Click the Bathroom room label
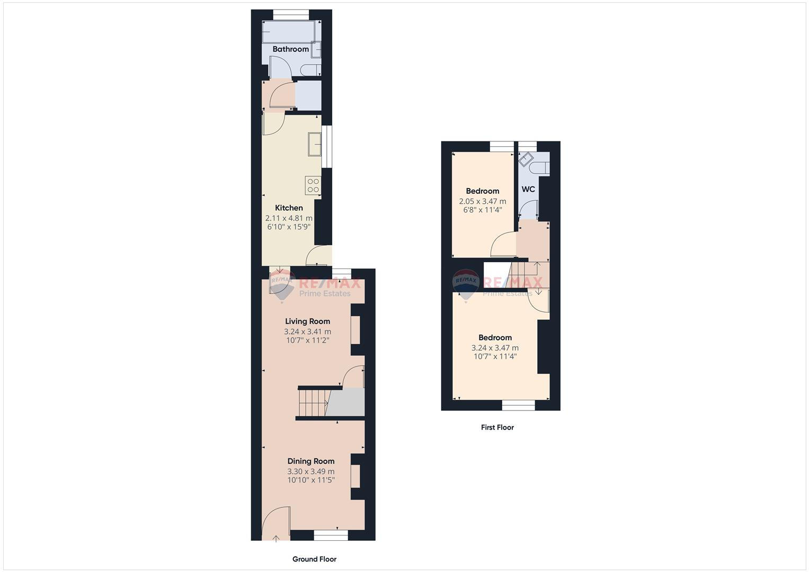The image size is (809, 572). click(290, 49)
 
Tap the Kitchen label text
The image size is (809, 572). click(289, 208)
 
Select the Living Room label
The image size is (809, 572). click(307, 321)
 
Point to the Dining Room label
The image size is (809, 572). click(311, 461)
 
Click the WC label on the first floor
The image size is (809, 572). click(528, 189)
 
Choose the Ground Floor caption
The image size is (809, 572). click(314, 559)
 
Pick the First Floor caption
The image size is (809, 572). click(497, 427)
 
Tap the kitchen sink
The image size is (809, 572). click(314, 144)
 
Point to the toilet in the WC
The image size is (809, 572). click(540, 168)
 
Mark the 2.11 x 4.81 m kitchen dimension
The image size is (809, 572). click(289, 218)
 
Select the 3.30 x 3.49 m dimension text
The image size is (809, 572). click(311, 471)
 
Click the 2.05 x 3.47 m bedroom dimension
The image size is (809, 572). click(482, 201)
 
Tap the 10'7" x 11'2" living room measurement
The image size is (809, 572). click(307, 341)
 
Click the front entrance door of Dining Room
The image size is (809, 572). click(277, 524)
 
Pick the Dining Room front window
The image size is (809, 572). click(331, 535)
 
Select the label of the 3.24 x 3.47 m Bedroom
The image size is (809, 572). click(495, 338)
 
